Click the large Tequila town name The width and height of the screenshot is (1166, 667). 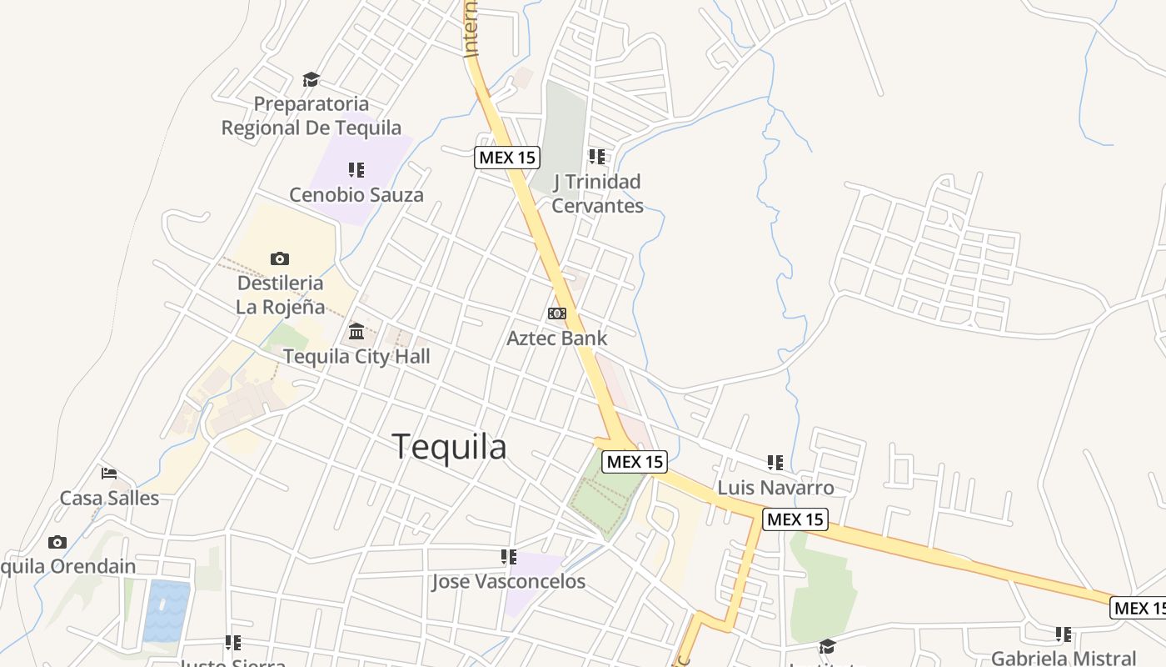tap(449, 447)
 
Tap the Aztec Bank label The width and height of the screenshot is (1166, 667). tap(557, 339)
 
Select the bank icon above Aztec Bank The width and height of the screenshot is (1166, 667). tap(557, 313)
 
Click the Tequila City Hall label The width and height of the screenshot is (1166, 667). tap(356, 357)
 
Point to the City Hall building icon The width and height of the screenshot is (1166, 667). tap(356, 332)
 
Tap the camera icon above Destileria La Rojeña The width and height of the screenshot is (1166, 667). tap(280, 258)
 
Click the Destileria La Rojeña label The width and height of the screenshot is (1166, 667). tap(280, 294)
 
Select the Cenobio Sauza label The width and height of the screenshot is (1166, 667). tap(356, 195)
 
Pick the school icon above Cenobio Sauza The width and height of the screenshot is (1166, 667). tap(356, 170)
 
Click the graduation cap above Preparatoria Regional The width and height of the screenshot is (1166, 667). tap(311, 80)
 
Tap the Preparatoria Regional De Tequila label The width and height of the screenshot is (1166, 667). tap(311, 116)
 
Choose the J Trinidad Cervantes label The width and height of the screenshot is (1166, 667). tap(597, 193)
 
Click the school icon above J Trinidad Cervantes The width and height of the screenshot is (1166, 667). tap(597, 157)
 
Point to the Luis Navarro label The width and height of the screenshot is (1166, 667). tap(775, 488)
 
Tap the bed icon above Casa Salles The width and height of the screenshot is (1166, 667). tap(109, 474)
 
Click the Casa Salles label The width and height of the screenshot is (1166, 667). tap(109, 499)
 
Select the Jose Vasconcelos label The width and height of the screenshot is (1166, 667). tap(508, 582)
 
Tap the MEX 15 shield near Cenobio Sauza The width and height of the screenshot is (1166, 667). tap(507, 158)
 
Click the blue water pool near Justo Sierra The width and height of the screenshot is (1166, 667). tap(167, 611)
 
